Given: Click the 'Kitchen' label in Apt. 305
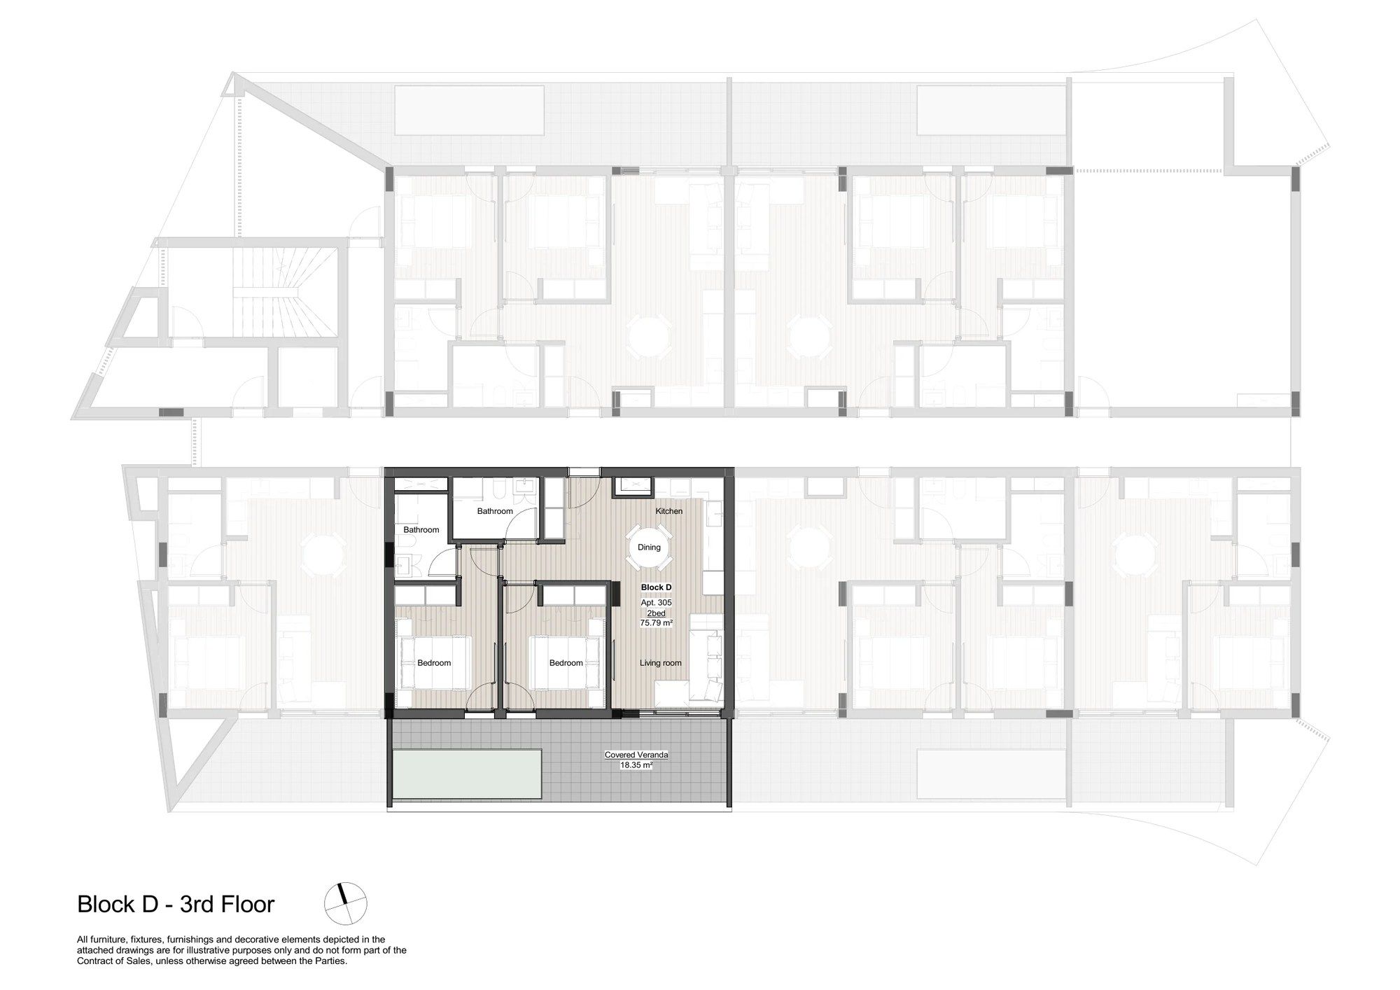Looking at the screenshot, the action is [668, 511].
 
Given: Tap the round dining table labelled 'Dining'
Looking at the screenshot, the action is [649, 548].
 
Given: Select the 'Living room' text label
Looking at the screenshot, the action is [660, 663].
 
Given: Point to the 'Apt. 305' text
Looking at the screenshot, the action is [656, 603].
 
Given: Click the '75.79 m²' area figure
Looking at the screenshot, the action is [656, 622].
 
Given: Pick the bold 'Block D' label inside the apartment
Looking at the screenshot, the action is [656, 587].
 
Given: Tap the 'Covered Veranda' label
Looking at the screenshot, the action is [636, 755].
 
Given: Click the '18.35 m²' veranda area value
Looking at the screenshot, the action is [636, 765].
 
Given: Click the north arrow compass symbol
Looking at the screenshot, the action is [345, 903].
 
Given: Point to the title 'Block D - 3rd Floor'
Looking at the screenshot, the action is [176, 904].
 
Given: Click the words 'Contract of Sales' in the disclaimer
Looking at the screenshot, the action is [106, 961].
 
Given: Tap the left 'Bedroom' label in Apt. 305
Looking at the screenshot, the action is [434, 663].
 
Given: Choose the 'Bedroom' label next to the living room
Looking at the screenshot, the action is [566, 663].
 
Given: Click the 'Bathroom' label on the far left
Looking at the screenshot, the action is [421, 530].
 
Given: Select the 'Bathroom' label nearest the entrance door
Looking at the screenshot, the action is [495, 511].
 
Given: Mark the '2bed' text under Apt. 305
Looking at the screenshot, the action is [656, 613].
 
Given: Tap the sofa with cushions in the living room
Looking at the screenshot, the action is [706, 656].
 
